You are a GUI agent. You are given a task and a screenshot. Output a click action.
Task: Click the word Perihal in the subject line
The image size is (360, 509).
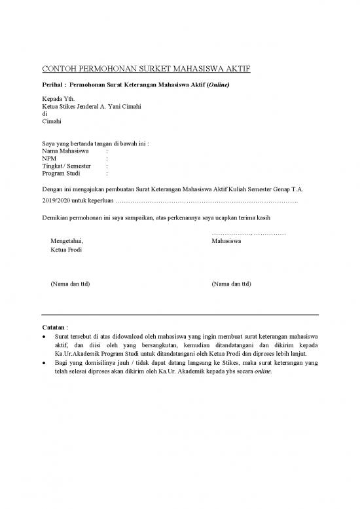[52, 86]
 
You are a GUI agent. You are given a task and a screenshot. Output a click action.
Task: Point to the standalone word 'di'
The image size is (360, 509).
[44, 113]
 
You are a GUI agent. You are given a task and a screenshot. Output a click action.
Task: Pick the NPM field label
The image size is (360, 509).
[48, 159]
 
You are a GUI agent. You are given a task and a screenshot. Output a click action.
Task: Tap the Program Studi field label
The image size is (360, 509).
[61, 174]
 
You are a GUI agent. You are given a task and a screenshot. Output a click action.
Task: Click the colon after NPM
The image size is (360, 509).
[107, 159]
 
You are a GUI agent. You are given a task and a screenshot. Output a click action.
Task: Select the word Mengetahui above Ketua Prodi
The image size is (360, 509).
[67, 242]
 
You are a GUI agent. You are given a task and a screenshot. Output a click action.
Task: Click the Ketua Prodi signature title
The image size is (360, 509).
[66, 250]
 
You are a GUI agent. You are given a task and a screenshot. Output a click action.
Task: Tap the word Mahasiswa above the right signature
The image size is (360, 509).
[226, 242]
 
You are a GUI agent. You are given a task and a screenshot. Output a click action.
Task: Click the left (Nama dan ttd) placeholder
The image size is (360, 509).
[70, 284]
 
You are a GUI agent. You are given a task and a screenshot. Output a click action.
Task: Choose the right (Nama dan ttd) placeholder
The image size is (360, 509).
[232, 284]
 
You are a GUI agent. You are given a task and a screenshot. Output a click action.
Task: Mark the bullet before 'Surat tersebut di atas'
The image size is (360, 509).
[43, 337]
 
